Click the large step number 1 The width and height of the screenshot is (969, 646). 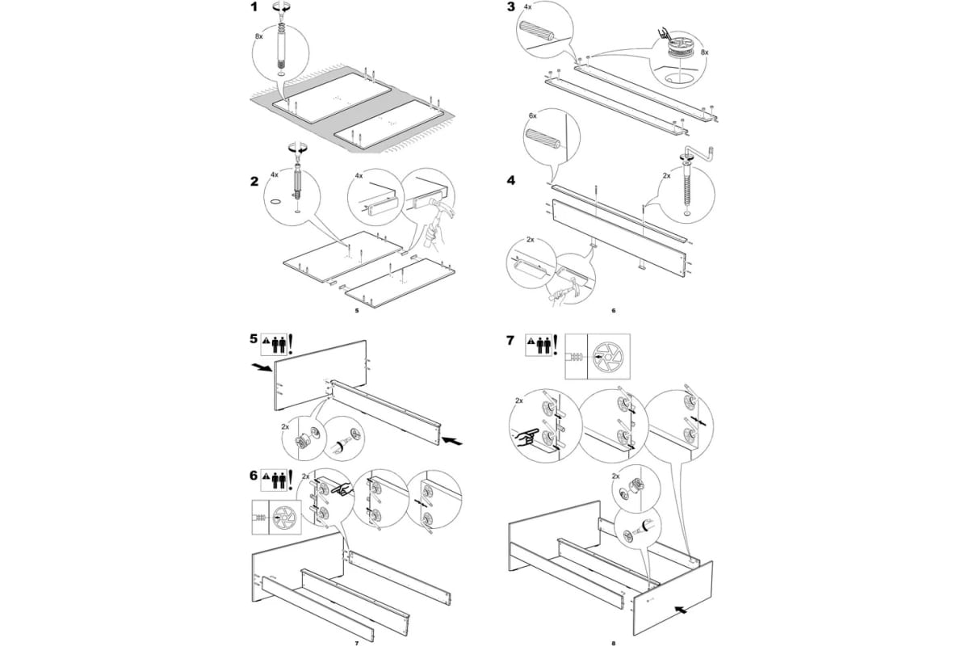[x=254, y=7]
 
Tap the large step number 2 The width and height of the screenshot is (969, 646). [x=254, y=182]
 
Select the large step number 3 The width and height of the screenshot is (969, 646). [x=511, y=7]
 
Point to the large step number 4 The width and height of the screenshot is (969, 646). [x=511, y=180]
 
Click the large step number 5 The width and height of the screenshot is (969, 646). [x=254, y=339]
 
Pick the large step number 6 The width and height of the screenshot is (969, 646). [x=254, y=476]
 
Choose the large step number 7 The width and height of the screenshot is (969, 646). [x=510, y=341]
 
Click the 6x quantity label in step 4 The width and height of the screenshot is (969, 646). [x=532, y=116]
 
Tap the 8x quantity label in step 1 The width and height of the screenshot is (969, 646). [x=258, y=37]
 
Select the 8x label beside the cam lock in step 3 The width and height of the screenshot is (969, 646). [x=705, y=52]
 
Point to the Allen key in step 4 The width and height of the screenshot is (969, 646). [x=697, y=154]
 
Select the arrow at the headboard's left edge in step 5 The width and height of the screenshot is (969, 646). [x=262, y=367]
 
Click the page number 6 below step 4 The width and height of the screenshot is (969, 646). [x=614, y=310]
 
